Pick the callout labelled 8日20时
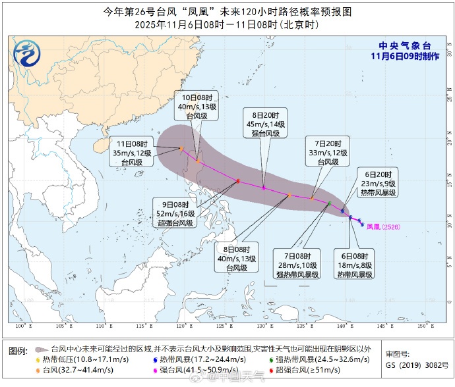pyautogui.click(x=264, y=123)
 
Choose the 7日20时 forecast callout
pyautogui.click(x=328, y=152)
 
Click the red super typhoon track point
pyautogui.click(x=238, y=181)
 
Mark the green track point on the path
pyautogui.click(x=329, y=203)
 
